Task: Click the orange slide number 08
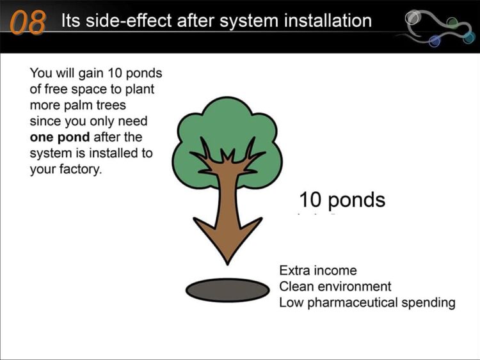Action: pos(28,22)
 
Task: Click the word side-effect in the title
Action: pos(129,21)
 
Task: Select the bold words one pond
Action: pos(60,137)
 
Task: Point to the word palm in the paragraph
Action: pos(78,106)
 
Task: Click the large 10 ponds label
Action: pos(342,200)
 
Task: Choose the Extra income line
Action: pos(318,270)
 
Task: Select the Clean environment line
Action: pos(335,286)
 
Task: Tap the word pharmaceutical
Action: pos(353,303)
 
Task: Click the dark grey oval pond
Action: pos(227,290)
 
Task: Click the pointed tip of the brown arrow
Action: pos(227,265)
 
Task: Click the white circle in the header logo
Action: pos(412,17)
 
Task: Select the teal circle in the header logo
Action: pos(468,38)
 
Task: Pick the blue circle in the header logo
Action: pos(434,41)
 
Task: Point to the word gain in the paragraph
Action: pos(91,74)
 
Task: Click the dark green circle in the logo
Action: pos(452,22)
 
